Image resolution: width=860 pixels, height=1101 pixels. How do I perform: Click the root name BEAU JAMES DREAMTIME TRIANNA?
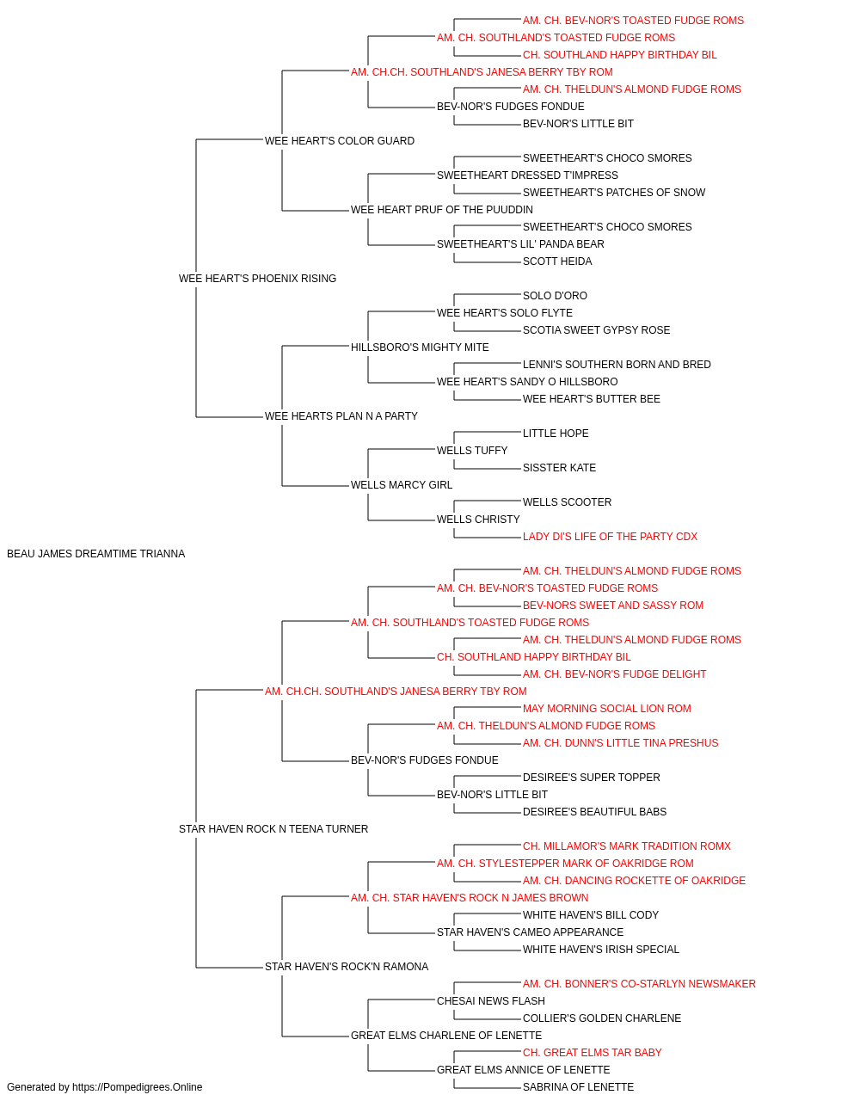(95, 554)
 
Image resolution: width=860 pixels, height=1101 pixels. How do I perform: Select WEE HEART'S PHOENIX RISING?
(257, 279)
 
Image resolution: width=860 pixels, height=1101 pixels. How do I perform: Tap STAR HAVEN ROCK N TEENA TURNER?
(273, 829)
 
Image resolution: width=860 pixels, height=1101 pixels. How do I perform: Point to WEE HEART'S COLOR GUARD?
(340, 141)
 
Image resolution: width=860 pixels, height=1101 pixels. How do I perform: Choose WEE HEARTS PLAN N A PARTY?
(341, 416)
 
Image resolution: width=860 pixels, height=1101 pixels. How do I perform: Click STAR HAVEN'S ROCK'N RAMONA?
(347, 967)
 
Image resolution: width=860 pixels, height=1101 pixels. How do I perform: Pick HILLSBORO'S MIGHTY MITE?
(420, 348)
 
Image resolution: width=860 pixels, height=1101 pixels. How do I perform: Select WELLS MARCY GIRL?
(402, 485)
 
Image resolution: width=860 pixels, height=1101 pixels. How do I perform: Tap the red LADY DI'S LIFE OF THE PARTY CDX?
(610, 537)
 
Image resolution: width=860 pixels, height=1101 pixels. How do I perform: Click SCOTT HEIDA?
(557, 261)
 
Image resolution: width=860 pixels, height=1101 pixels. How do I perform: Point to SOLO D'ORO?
(555, 296)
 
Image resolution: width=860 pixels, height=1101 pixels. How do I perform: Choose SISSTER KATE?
(559, 468)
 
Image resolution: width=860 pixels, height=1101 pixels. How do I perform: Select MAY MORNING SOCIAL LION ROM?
(607, 709)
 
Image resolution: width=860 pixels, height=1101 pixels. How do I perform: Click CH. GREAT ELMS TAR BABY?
(592, 1053)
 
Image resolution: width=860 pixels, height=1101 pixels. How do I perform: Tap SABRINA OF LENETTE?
(578, 1087)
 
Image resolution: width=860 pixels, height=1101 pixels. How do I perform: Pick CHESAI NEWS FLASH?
(491, 1001)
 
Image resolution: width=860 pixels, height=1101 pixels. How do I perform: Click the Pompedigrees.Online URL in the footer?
(137, 1087)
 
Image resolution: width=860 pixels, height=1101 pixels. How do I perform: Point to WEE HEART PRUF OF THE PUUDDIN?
(442, 210)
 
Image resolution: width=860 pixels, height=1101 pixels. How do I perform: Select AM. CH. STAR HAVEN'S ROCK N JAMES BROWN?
(470, 898)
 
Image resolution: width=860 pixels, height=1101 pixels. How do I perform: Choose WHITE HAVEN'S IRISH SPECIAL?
(600, 950)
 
